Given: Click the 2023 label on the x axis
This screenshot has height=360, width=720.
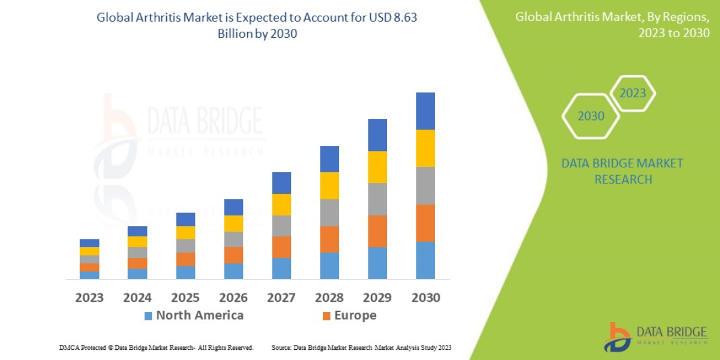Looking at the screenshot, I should click(x=89, y=298).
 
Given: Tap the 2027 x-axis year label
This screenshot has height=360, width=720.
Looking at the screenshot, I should click(x=281, y=298).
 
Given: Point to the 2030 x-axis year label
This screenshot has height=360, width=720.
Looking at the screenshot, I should click(x=425, y=298).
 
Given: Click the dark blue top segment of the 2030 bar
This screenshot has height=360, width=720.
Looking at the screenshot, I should click(x=425, y=111).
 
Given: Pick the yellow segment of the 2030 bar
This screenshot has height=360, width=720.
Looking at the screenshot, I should click(x=425, y=148).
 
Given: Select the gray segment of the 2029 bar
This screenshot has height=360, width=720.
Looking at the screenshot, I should click(x=377, y=199).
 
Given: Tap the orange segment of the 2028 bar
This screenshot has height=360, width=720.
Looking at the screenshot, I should click(x=329, y=239).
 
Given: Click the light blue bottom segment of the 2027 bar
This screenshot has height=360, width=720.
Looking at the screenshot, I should click(x=281, y=268).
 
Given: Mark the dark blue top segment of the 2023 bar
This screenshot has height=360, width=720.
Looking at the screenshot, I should click(x=89, y=243).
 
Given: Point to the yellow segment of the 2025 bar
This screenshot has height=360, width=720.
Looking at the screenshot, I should click(x=185, y=233).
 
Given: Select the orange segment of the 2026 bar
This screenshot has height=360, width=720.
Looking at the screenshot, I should click(x=233, y=255).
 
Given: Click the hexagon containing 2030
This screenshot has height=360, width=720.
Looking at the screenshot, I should click(x=590, y=116).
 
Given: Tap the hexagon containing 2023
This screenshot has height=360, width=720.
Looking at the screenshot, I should click(x=632, y=94).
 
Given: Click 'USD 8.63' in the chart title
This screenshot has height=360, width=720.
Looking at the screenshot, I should click(x=393, y=18).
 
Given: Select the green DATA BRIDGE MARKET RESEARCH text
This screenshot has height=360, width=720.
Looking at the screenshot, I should click(x=622, y=171).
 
